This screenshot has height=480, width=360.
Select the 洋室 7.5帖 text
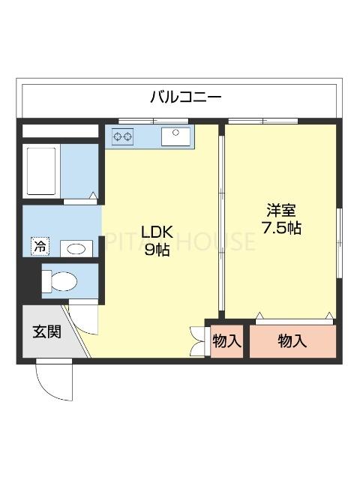(281, 218)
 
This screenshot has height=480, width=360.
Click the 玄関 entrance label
(46, 331)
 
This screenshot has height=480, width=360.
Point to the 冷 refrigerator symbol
(39, 245)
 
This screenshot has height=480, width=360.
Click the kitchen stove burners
(123, 136)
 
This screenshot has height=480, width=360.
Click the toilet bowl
(60, 281)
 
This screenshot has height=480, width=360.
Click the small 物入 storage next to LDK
(226, 341)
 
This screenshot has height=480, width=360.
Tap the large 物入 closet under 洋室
(292, 341)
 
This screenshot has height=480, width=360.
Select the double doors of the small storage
(199, 340)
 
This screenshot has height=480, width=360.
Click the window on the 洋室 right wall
(339, 236)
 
